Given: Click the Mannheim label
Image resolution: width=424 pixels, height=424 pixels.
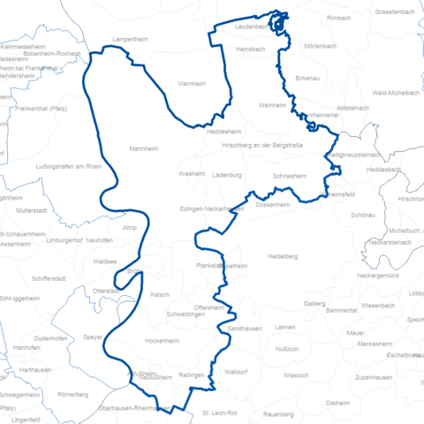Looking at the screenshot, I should pyautogui.click(x=144, y=149).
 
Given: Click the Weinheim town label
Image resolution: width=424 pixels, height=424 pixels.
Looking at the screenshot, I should pyautogui.click(x=273, y=105).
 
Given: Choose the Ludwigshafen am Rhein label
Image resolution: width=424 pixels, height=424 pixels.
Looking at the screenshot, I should pyautogui.click(x=71, y=167).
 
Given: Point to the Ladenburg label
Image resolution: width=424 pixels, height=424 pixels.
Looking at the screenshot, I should pyautogui.click(x=229, y=176).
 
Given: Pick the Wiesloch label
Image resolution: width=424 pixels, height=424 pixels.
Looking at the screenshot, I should pyautogui.click(x=296, y=375).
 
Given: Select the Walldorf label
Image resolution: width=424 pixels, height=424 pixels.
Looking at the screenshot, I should pyautogui.click(x=236, y=372).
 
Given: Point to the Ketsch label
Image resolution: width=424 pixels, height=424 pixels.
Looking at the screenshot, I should pyautogui.click(x=160, y=295).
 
